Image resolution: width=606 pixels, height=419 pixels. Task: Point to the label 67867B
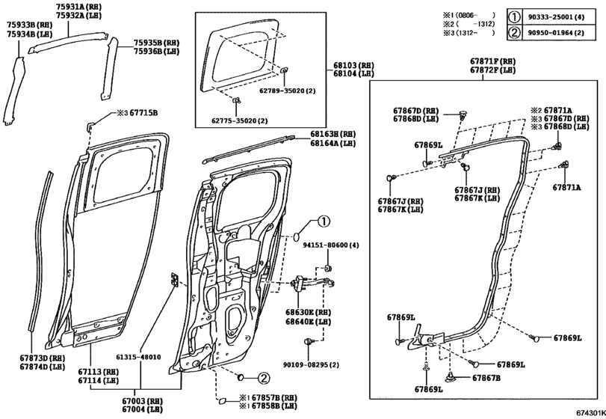pos(486,377)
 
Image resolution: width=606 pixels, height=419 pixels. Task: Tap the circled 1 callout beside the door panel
pos(322,221)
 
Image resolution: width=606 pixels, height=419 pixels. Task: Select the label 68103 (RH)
pos(355,66)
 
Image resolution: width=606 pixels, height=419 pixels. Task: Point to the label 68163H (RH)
pos(333,135)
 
